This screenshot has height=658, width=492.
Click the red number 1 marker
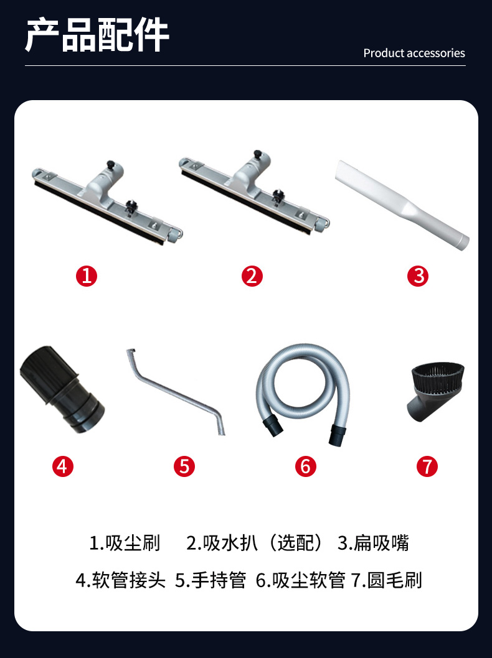pos(87,277)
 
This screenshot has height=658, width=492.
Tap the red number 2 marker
pos(252,277)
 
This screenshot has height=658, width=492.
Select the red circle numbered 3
pos(418,277)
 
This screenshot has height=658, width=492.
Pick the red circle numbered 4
pos(63,466)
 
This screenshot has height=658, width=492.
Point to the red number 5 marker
pos(184,466)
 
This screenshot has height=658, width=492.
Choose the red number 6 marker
pos(305,466)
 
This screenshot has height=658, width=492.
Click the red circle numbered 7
pos(427,466)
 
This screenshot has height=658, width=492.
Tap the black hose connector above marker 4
pos(62,389)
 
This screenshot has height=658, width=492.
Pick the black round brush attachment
pos(436,391)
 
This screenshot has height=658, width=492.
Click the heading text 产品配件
pos(97,35)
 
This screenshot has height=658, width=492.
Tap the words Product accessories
pos(414,53)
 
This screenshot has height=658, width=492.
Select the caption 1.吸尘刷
pos(125,543)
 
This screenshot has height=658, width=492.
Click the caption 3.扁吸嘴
pos(374,543)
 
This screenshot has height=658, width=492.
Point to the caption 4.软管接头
pos(121,580)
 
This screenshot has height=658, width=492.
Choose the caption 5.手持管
pos(211,580)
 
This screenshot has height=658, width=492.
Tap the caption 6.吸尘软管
pos(301,580)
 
